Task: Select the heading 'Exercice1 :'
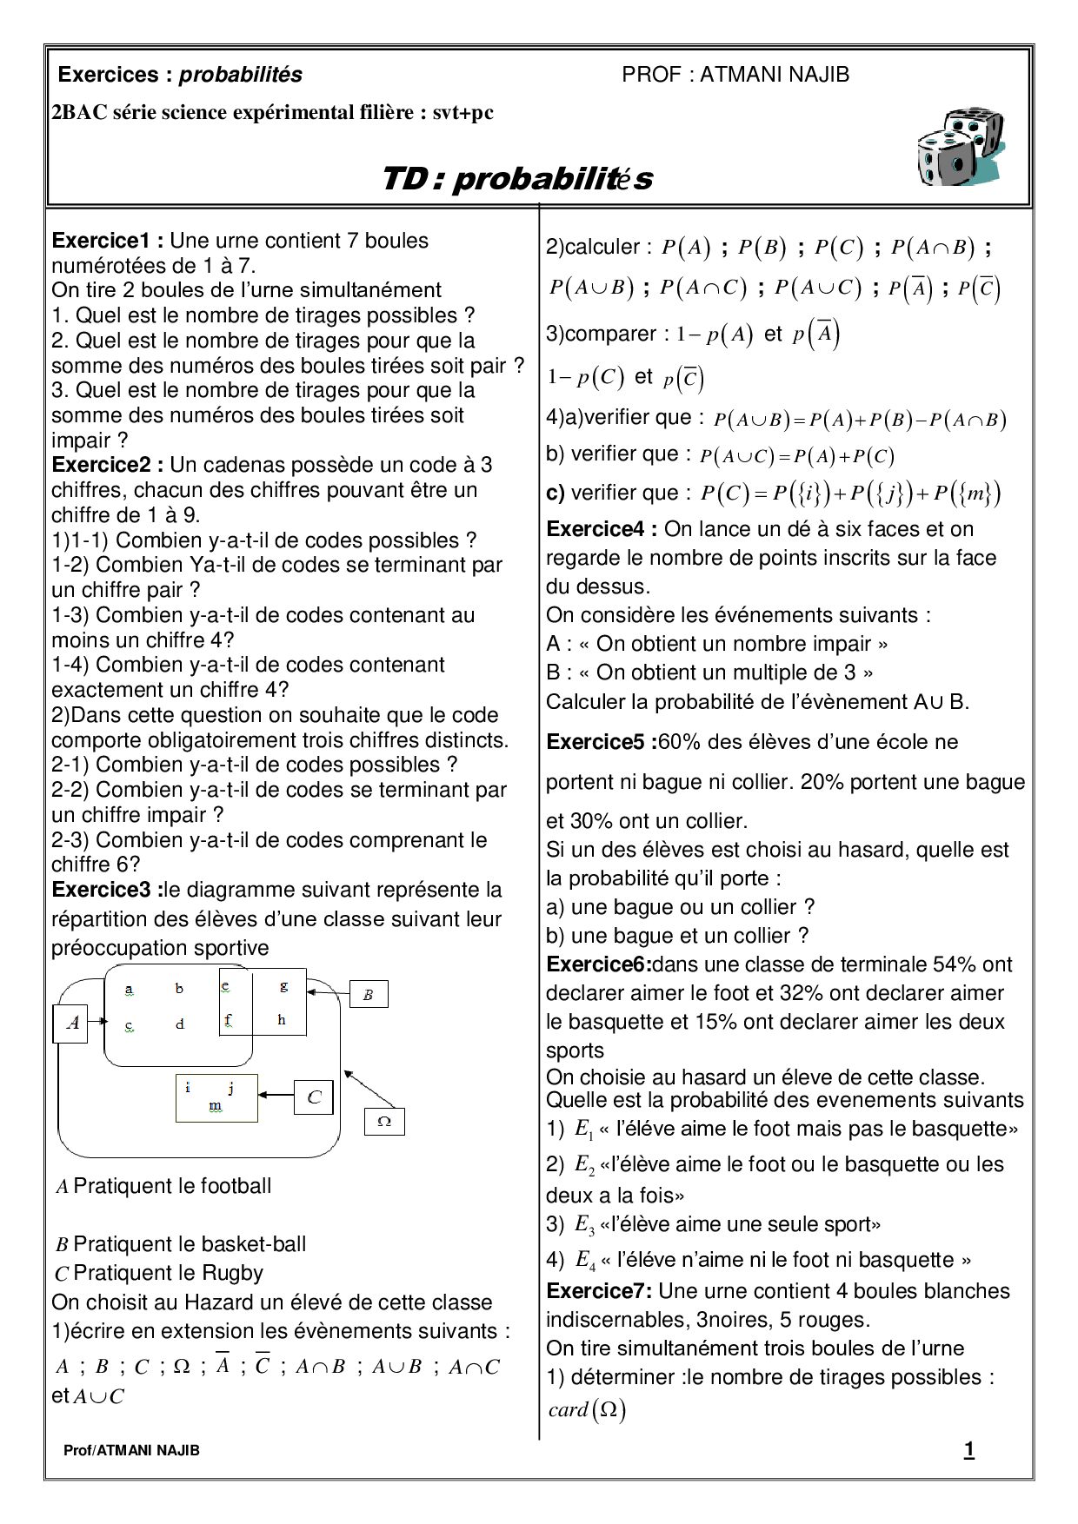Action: tap(108, 241)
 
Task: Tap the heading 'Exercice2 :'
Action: tap(108, 465)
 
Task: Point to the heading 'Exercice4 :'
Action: tap(602, 529)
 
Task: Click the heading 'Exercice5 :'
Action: tap(602, 742)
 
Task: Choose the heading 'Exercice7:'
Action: tap(599, 1291)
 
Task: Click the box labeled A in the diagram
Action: tap(73, 1024)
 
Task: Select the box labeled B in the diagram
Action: tap(368, 995)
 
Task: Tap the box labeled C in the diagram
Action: tap(314, 1098)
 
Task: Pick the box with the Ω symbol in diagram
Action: tap(384, 1122)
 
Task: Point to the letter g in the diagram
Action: tap(283, 986)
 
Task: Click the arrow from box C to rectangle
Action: tap(276, 1097)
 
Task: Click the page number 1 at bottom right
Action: tap(969, 1449)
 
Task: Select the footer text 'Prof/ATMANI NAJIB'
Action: tap(131, 1450)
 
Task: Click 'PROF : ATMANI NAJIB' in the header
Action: tap(735, 75)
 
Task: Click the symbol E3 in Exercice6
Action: tap(584, 1225)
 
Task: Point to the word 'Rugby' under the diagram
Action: tap(232, 1273)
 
